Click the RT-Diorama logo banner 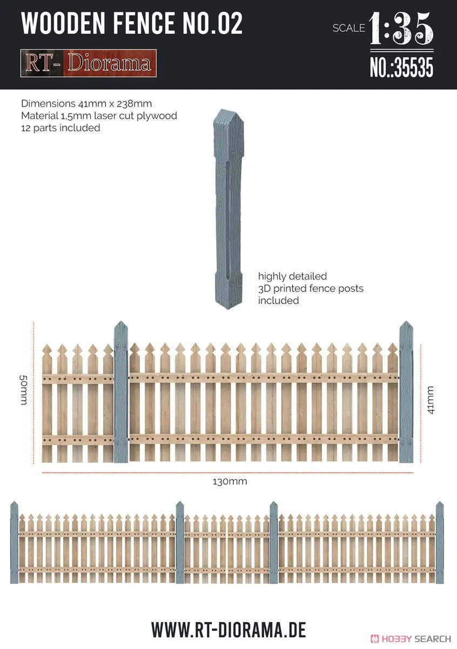pyautogui.click(x=88, y=63)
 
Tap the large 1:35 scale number pyautogui.click(x=401, y=28)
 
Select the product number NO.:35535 pyautogui.click(x=402, y=67)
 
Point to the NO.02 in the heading pyautogui.click(x=212, y=24)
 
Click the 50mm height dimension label pyautogui.click(x=23, y=390)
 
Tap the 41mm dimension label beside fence pyautogui.click(x=431, y=400)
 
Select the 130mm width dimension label pyautogui.click(x=230, y=481)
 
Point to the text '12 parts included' pyautogui.click(x=61, y=128)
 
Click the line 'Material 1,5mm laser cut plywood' pyautogui.click(x=99, y=116)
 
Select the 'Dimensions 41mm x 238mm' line pyautogui.click(x=86, y=103)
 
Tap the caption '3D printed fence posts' pyautogui.click(x=311, y=288)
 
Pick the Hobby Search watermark pyautogui.click(x=411, y=638)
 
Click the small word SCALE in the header pyautogui.click(x=349, y=28)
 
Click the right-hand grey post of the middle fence pyautogui.click(x=406, y=392)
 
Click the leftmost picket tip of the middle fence pyautogui.click(x=47, y=345)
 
